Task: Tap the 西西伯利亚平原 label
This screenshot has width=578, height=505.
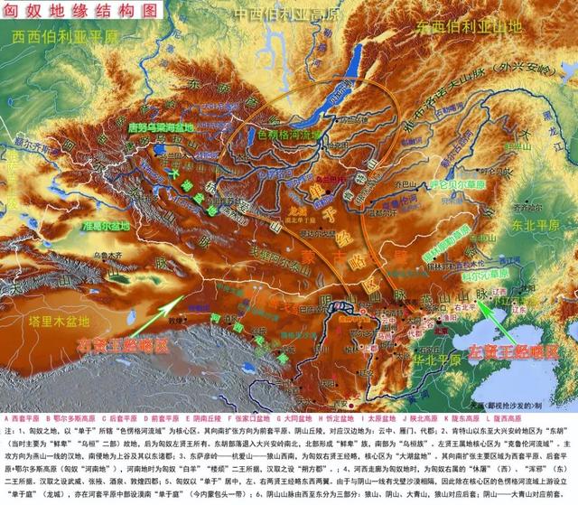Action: click(x=65, y=37)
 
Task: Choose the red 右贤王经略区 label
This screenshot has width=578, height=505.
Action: click(x=123, y=344)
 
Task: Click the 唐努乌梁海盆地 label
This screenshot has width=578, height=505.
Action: click(x=175, y=128)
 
